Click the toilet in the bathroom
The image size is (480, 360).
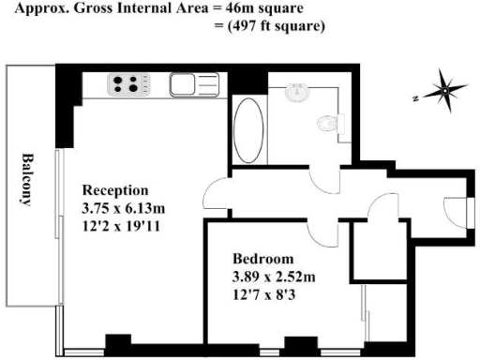click(326, 123)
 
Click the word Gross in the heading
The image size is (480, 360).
click(96, 8)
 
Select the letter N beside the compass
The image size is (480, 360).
click(412, 97)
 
